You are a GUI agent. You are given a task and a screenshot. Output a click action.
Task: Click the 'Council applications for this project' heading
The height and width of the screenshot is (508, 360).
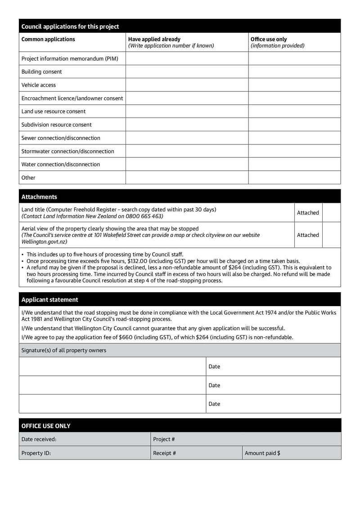[x=70, y=27]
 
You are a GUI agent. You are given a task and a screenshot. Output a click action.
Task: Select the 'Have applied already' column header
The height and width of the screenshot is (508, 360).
[x=154, y=39]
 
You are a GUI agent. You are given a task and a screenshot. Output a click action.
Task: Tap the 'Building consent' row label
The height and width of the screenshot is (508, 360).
[x=42, y=72]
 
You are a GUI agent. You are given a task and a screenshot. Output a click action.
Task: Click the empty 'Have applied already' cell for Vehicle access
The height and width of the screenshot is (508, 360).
[x=187, y=85]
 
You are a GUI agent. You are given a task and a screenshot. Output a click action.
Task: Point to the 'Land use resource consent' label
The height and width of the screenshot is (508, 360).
[x=54, y=111]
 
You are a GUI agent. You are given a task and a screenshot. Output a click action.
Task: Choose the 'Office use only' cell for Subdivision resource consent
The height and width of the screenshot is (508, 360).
[x=294, y=125]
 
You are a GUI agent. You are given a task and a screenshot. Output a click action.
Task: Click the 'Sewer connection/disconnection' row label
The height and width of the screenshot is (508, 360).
[x=61, y=138]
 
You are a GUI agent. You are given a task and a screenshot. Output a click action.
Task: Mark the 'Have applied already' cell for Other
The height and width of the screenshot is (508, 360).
[x=187, y=178]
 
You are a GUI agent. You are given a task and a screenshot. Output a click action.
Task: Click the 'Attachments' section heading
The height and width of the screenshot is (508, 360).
[x=39, y=197]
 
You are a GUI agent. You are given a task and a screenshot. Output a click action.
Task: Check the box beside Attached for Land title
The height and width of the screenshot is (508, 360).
[x=332, y=213]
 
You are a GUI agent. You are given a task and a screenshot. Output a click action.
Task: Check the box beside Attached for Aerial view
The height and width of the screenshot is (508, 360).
[x=332, y=235]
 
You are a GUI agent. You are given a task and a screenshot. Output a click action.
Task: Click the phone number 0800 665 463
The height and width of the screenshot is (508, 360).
[x=145, y=216]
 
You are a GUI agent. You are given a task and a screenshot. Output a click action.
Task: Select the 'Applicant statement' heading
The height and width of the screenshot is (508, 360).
[x=49, y=300]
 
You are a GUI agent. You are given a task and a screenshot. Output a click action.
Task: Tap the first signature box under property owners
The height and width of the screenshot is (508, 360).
[x=112, y=366]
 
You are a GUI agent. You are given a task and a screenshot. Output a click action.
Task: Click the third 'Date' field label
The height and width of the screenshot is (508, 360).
[x=215, y=404]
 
